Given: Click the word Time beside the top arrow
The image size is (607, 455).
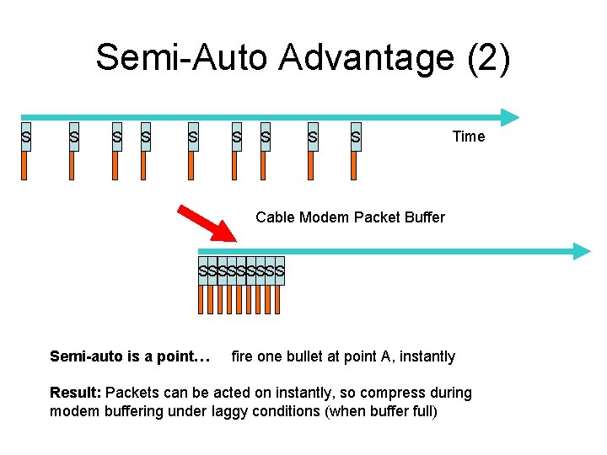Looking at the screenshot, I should [469, 136].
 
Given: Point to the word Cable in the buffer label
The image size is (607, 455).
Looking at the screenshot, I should [274, 217].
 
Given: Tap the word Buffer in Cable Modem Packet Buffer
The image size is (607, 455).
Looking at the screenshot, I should [423, 217].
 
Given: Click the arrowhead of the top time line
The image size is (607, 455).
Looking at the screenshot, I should [510, 117].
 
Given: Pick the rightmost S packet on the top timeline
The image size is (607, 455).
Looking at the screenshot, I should [356, 136].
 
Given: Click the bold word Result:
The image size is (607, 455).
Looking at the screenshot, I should [76, 393].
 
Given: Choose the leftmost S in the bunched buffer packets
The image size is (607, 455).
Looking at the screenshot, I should [203, 271].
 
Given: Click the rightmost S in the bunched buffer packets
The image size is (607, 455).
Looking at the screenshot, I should [280, 271].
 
